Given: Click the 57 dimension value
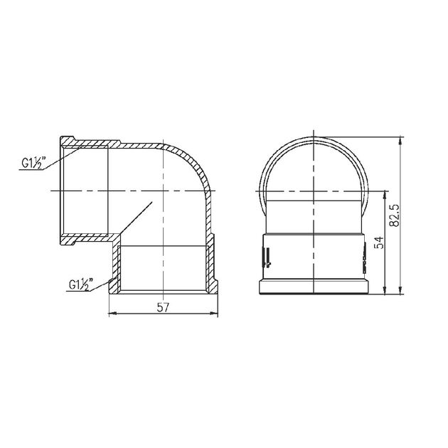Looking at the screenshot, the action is (163, 307).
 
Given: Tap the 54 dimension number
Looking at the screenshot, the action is (380, 243).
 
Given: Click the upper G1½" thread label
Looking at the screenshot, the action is (33, 163).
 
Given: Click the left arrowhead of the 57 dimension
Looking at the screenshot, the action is (113, 314).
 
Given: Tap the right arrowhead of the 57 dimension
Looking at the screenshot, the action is (214, 314).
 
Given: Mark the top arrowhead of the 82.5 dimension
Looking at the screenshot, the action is (401, 141).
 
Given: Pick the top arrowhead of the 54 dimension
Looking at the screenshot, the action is (385, 195).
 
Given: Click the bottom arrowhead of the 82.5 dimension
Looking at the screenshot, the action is (401, 290).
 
